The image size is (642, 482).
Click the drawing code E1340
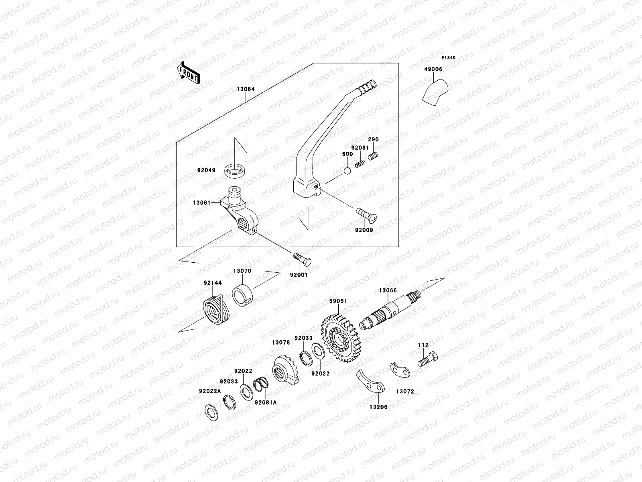[x=449, y=58]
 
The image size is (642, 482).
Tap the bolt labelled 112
[x=427, y=358]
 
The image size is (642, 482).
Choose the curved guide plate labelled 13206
[x=370, y=381]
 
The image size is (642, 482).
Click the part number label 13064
[x=246, y=90]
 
